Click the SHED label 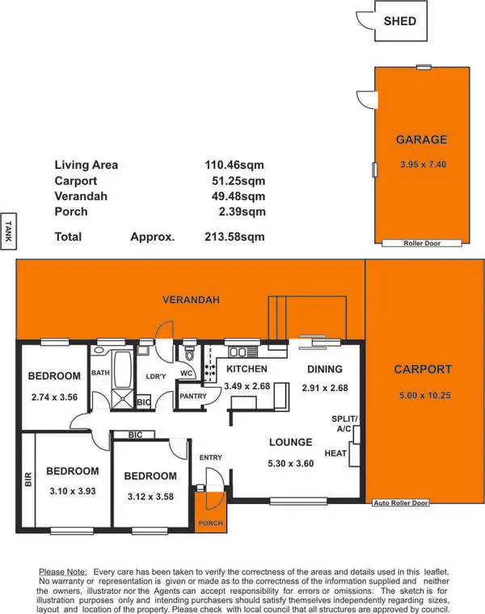click(x=400, y=21)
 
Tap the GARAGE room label click(x=421, y=140)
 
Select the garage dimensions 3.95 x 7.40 click(x=423, y=165)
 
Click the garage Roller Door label click(x=421, y=242)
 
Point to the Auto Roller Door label click(x=401, y=503)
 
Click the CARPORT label click(x=423, y=370)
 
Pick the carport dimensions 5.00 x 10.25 click(x=425, y=396)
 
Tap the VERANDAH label click(x=192, y=300)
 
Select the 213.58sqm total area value click(x=234, y=238)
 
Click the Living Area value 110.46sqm click(x=234, y=165)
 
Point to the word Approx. click(x=153, y=238)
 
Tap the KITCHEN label click(x=246, y=369)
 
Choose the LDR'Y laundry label click(x=155, y=376)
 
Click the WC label click(x=185, y=373)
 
